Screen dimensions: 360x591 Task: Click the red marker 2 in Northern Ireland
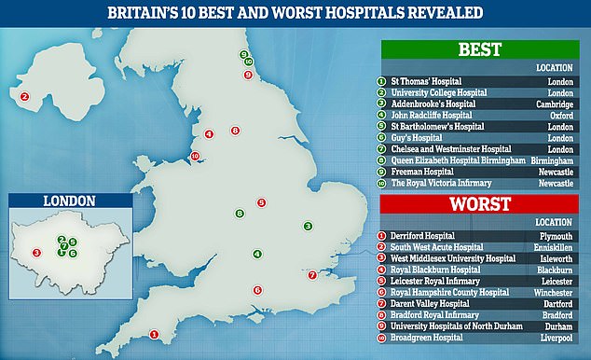pos(25,95)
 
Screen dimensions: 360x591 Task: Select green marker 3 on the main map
pos(308,226)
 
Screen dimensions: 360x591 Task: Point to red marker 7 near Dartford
pos(312,275)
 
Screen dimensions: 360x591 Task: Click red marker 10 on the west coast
pos(195,156)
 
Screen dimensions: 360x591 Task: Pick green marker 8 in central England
pos(240,215)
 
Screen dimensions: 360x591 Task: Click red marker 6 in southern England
pos(257,290)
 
